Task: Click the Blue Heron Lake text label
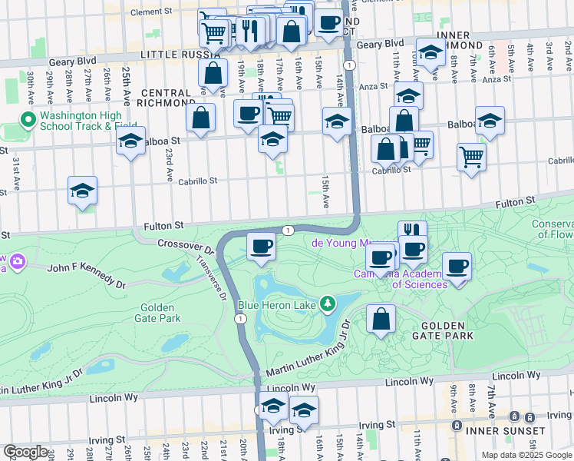[x=277, y=305]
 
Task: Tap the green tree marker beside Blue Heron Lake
[x=328, y=305]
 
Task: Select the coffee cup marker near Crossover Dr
[x=262, y=247]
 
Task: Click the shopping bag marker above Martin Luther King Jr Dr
[x=381, y=319]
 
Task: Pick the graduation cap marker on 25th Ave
[x=131, y=141]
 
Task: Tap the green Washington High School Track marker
[x=28, y=120]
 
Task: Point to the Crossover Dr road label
[x=185, y=246]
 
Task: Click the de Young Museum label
[x=343, y=243]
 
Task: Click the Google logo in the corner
[x=25, y=451]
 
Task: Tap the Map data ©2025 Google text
[x=526, y=455]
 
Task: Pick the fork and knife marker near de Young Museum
[x=412, y=230]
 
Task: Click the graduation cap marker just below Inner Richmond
[x=431, y=53]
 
